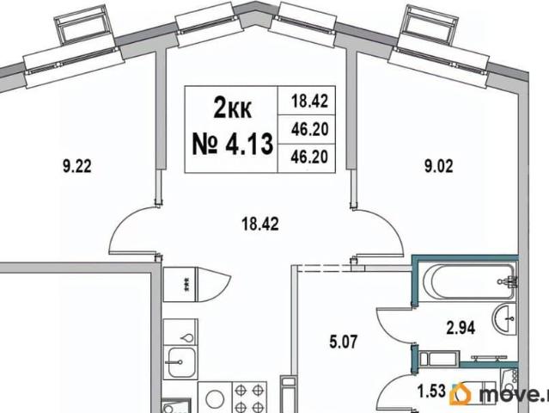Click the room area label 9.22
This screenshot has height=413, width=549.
pos(77,166)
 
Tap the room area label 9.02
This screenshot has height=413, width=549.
pos(438,166)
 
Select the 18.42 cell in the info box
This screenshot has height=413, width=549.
pos(310,101)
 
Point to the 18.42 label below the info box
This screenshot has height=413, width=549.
pos(260,224)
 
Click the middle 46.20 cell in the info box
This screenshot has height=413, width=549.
pos(310,129)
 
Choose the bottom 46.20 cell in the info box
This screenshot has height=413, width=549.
pos(310,157)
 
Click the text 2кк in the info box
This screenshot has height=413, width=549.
pos(232,108)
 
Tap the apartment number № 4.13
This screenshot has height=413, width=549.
pos(233,144)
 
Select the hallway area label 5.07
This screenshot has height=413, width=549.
pos(344,342)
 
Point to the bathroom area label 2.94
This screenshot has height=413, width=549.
pos(461,328)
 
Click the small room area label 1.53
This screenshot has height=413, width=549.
pos(432,391)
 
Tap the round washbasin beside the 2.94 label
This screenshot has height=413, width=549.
pos(504,318)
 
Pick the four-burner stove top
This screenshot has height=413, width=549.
pos(250,398)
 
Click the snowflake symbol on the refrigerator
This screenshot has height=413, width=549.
pos(186,284)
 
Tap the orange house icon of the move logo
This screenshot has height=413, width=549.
pos(460,394)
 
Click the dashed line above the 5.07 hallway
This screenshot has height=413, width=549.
pos(325,268)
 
